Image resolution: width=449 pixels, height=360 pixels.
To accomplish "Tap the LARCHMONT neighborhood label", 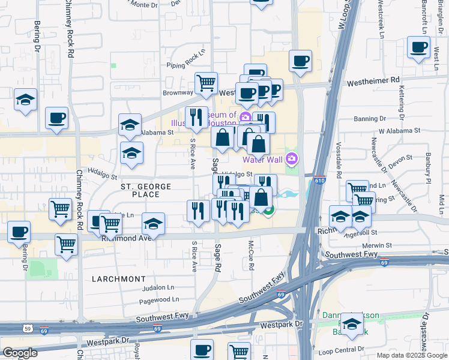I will [119, 279].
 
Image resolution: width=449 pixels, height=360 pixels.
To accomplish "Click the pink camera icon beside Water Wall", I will [292, 158].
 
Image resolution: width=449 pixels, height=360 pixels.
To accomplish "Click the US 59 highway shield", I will [28, 328].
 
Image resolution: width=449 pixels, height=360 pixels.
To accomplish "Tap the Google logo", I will [20, 353].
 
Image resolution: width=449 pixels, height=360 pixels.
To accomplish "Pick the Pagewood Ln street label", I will [159, 299].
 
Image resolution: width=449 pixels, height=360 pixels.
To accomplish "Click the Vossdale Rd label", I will [339, 164].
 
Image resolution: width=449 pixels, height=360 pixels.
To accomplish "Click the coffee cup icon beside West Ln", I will [418, 47].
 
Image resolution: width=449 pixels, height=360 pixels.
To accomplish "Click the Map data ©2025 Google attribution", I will [412, 355].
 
